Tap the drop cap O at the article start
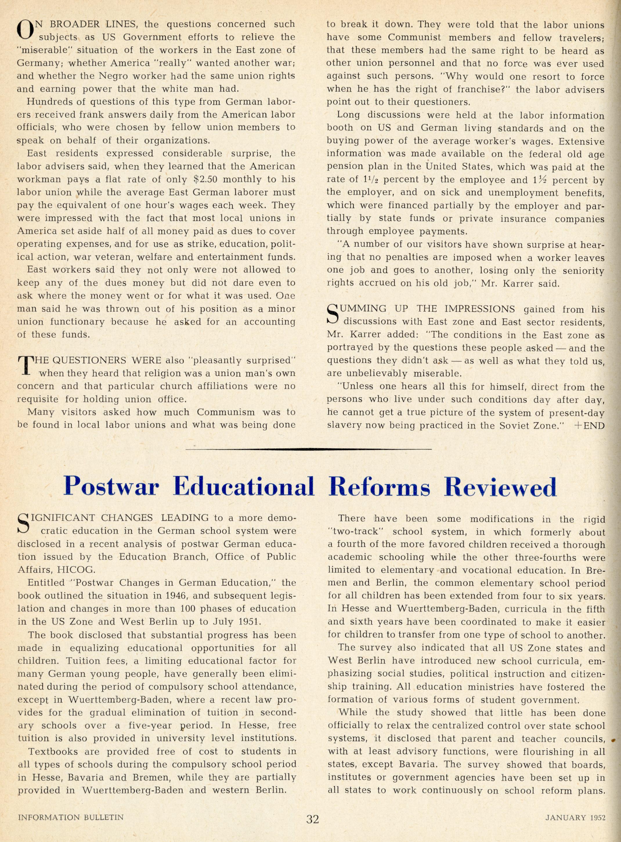pos(24,30)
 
